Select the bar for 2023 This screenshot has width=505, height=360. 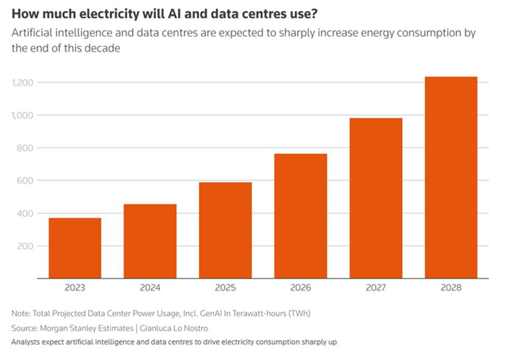pos(74,248)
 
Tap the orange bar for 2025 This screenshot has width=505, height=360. pos(225,230)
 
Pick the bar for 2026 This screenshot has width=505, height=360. pos(300,216)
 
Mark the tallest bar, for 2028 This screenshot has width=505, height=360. pos(451,177)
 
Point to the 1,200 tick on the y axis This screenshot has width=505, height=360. pos(23,83)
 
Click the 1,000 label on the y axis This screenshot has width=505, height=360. pos(23,115)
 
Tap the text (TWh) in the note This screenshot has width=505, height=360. pos(298,313)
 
